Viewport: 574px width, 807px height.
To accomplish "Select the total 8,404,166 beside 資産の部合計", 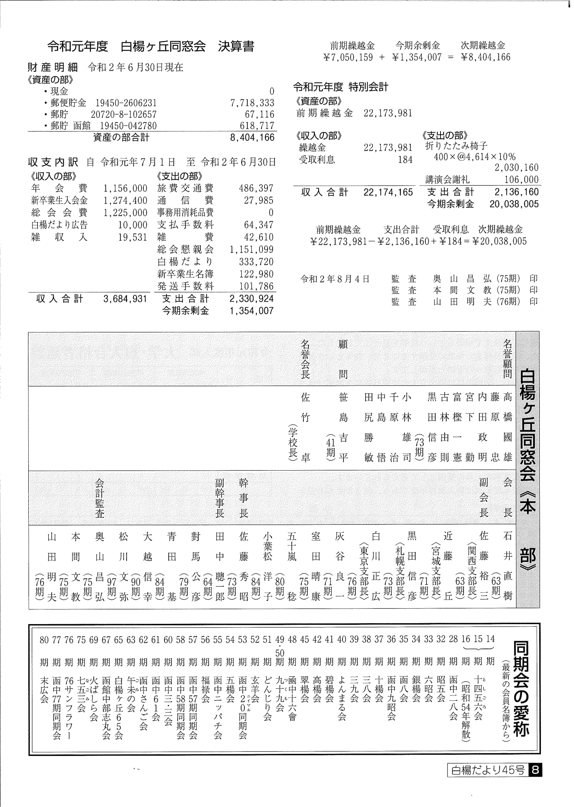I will click(x=252, y=138).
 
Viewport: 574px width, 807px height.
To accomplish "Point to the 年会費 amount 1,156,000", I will click(x=125, y=188).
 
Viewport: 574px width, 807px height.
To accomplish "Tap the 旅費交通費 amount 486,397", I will click(x=256, y=188).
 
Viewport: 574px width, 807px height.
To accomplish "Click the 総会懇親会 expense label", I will click(x=186, y=249).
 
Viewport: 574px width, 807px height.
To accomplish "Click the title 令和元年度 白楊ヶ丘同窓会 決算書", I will click(x=151, y=47).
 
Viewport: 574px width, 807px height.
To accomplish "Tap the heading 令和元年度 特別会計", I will click(x=341, y=87).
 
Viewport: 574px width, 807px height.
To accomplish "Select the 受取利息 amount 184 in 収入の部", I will click(x=405, y=160).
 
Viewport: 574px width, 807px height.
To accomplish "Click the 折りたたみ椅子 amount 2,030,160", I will click(x=516, y=168).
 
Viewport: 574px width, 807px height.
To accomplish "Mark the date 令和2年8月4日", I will click(x=335, y=279).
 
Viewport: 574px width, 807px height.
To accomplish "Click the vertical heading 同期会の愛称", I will click(x=521, y=689).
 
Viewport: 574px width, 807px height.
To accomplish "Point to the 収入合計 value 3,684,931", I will click(x=125, y=299).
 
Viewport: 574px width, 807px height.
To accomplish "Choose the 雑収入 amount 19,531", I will click(x=132, y=237).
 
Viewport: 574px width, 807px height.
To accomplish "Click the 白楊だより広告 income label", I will click(x=59, y=225).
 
